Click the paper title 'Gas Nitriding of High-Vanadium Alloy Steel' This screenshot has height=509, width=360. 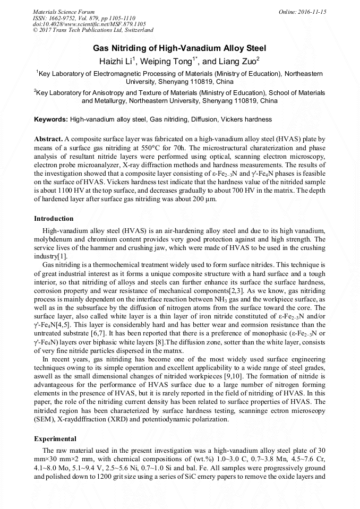pyautogui.click(x=179, y=48)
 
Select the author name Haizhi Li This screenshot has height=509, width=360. pyautogui.click(x=118, y=62)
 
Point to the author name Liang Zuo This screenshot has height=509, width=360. pyautogui.click(x=238, y=62)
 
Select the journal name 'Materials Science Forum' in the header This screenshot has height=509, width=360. pyautogui.click(x=64, y=12)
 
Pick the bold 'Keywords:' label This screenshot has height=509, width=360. pyautogui.click(x=51, y=119)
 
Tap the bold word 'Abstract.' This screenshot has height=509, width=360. pyautogui.click(x=48, y=139)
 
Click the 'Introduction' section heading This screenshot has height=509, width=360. pyautogui.click(x=54, y=219)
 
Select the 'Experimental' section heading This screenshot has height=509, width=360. pyautogui.click(x=55, y=439)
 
